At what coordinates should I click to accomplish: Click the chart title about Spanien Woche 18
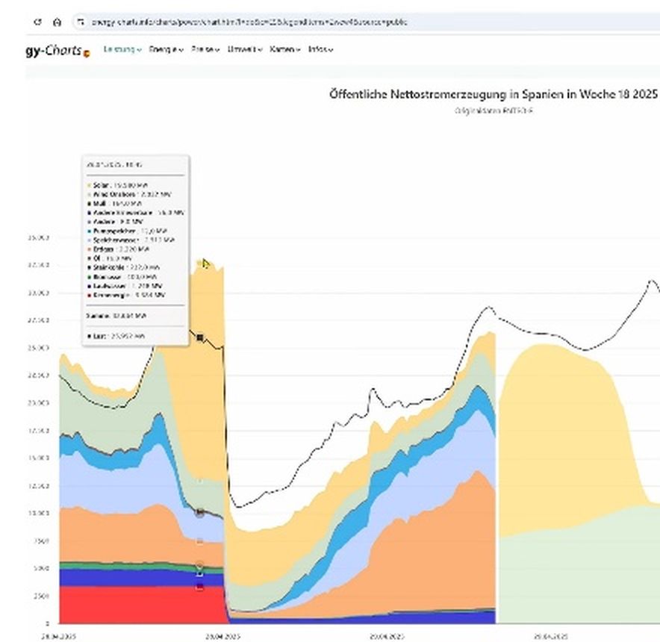[493, 95]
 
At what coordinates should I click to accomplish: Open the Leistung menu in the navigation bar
[122, 49]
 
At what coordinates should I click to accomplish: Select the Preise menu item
[204, 49]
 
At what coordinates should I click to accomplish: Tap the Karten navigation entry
[284, 49]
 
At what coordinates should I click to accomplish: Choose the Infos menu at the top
[319, 49]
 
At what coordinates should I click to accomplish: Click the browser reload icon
[37, 22]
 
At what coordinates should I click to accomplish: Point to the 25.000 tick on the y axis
[37, 348]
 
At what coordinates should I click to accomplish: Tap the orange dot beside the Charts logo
[86, 53]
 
